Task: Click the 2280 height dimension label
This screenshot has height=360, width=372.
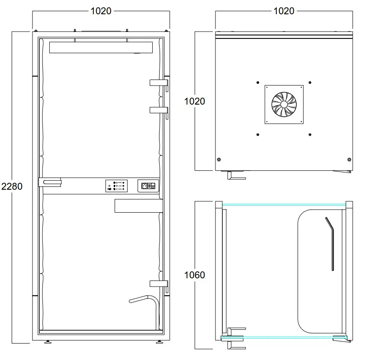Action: click(12, 187)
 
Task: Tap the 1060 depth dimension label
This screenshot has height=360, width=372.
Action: click(195, 275)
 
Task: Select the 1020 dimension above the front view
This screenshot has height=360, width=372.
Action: click(101, 11)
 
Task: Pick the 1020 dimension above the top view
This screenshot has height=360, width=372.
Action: click(284, 11)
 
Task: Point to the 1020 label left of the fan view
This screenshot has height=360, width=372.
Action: click(195, 101)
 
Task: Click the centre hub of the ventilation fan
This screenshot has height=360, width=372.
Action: click(284, 104)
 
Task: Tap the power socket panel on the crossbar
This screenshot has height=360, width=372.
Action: click(148, 186)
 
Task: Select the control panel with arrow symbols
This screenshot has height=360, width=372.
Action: click(116, 186)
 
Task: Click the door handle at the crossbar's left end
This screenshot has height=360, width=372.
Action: click(50, 182)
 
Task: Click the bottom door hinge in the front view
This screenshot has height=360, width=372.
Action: click(159, 284)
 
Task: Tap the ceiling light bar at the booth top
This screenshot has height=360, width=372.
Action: click(101, 48)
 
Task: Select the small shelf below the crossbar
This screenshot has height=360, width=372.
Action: click(138, 206)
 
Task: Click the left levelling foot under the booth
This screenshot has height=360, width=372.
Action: click(48, 342)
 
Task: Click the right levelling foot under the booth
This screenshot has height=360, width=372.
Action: click(159, 342)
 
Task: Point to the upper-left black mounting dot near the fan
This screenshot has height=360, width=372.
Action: click(258, 83)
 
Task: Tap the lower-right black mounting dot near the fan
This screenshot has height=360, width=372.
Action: click(310, 134)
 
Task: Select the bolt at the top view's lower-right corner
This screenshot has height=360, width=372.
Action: click(349, 159)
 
